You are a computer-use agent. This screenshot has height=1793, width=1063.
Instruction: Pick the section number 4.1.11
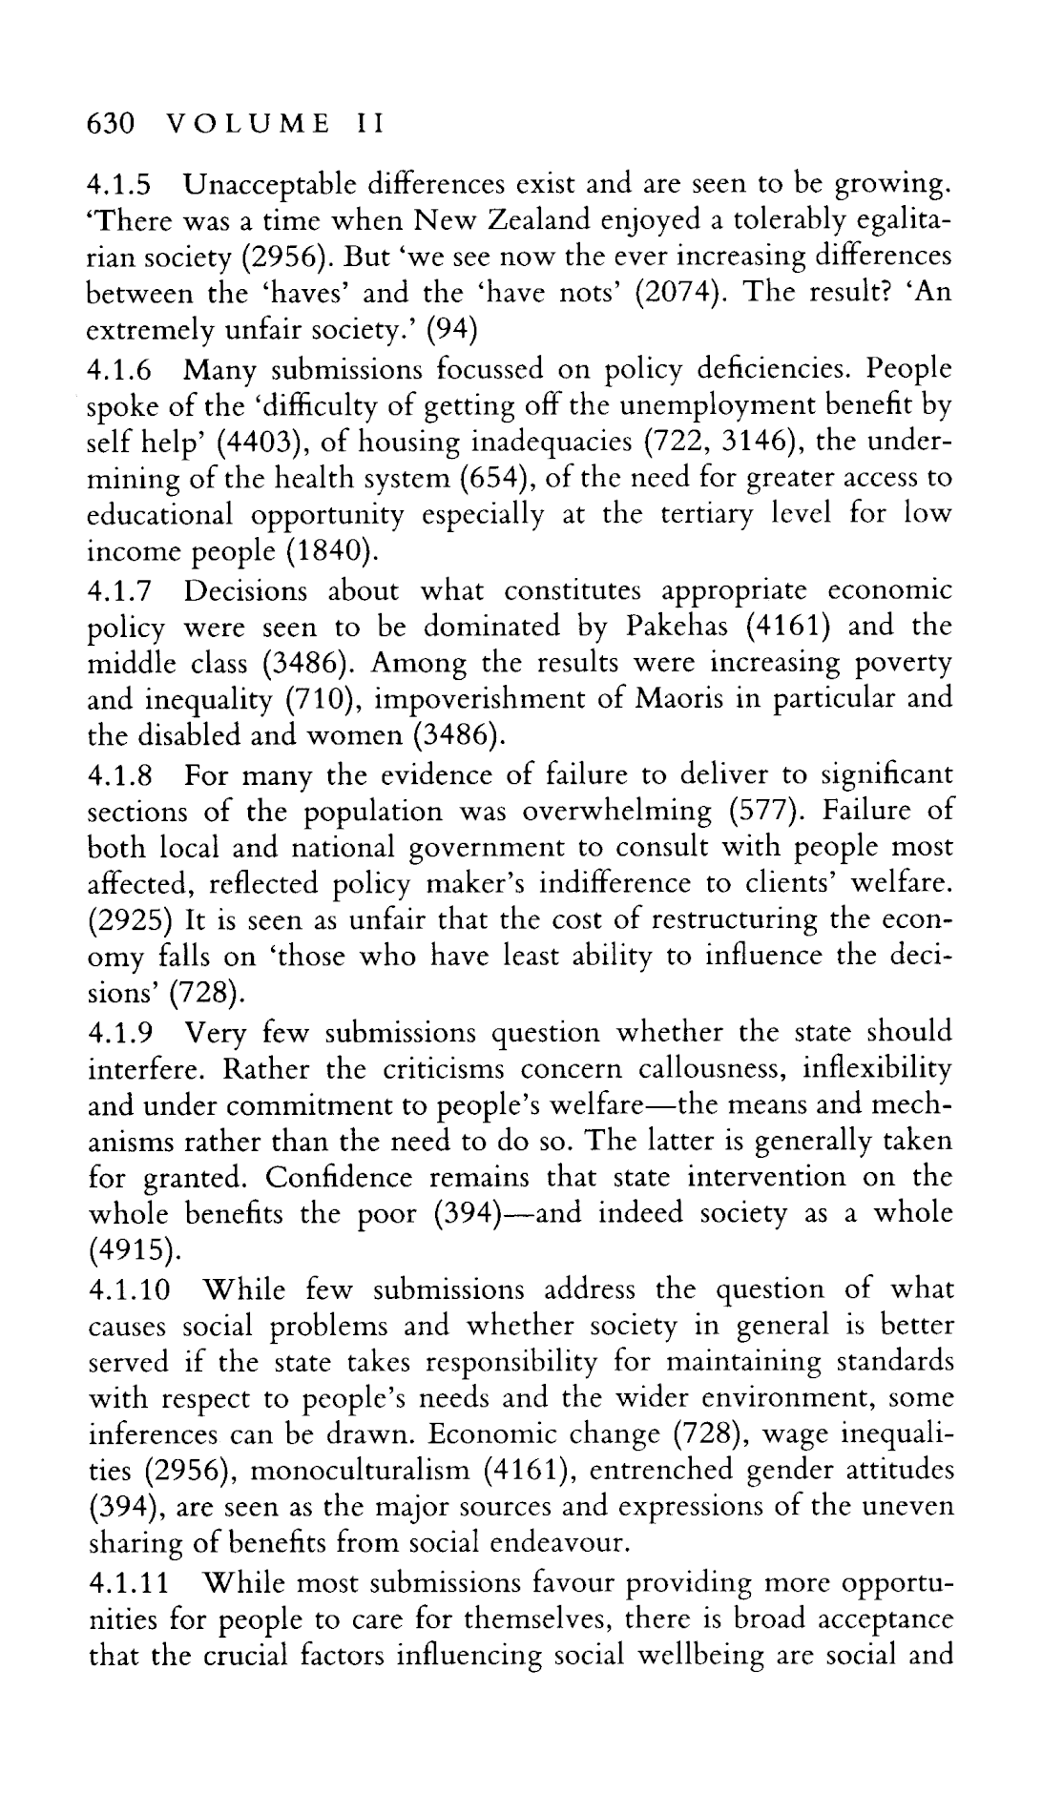[x=130, y=1583]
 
